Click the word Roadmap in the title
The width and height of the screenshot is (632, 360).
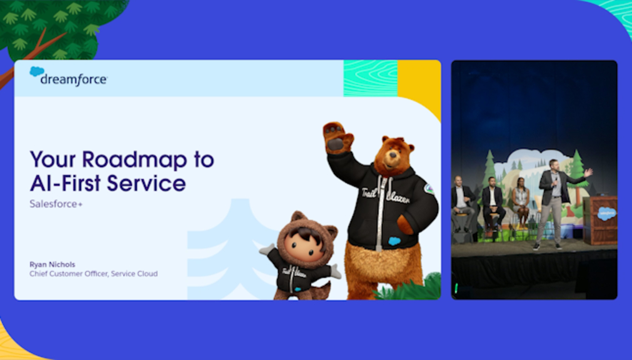click(x=134, y=159)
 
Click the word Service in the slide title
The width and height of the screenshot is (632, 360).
click(x=146, y=183)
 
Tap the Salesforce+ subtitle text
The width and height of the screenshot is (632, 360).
click(x=56, y=204)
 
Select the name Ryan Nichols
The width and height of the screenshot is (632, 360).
click(x=53, y=264)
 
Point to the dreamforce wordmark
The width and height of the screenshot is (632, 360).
click(x=74, y=79)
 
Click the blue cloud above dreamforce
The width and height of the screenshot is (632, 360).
click(x=37, y=71)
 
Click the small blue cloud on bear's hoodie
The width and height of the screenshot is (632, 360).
click(x=394, y=241)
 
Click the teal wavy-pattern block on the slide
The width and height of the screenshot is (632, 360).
click(x=371, y=78)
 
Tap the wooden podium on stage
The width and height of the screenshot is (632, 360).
click(x=600, y=220)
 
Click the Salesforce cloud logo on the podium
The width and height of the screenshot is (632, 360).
click(x=606, y=213)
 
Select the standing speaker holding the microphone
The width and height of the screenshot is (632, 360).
click(x=555, y=204)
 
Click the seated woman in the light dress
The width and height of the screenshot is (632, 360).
click(x=521, y=202)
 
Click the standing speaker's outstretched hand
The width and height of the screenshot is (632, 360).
click(x=588, y=172)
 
